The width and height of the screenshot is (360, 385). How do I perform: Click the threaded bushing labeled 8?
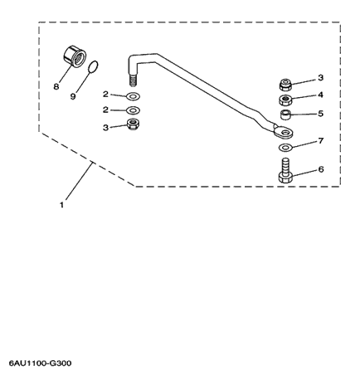[x=73, y=56]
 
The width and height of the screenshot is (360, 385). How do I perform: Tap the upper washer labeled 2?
[x=133, y=96]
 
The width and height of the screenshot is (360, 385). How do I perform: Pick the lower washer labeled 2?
[x=133, y=110]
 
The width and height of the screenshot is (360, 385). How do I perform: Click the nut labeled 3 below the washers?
[x=133, y=124]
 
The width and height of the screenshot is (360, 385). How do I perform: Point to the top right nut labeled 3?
[x=285, y=85]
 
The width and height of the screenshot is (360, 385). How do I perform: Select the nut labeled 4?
[x=285, y=100]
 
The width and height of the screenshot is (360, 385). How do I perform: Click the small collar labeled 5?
[x=285, y=115]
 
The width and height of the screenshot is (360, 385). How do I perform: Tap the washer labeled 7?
[x=285, y=148]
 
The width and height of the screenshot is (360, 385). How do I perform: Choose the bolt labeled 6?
[x=285, y=170]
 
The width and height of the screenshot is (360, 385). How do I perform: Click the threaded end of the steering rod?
[x=134, y=80]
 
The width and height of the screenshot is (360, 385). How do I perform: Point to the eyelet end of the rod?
[x=283, y=132]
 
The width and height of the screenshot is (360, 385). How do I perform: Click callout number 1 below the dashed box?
[x=61, y=205]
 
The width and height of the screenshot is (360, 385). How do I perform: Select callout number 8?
[x=56, y=87]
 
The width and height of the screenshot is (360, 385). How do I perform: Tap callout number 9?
[x=73, y=96]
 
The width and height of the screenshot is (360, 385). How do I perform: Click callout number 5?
[x=320, y=114]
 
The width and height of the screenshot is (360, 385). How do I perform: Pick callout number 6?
[x=321, y=169]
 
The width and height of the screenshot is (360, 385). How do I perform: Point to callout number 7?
[x=321, y=141]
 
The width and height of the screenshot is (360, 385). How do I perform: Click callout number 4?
[x=320, y=95]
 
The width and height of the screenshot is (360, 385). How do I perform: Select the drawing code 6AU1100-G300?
[x=41, y=363]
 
